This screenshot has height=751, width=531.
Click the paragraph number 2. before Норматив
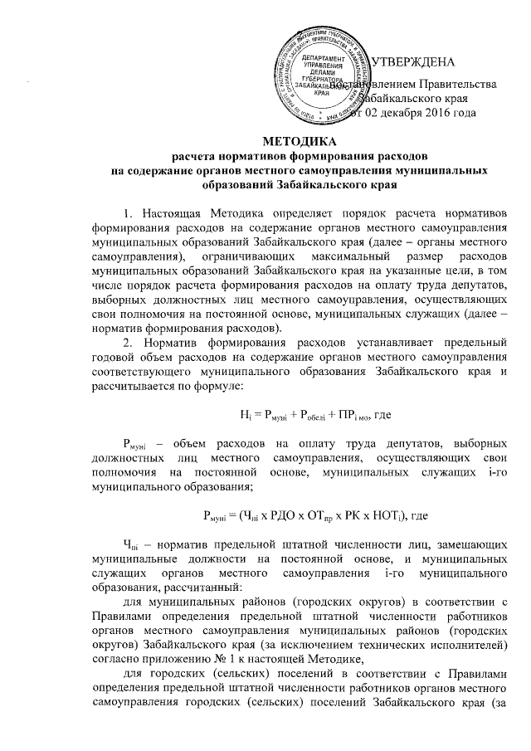128,318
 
